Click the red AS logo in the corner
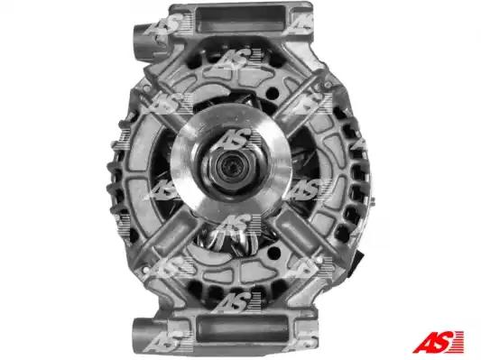coord(438,341)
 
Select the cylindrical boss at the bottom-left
coord(144,334)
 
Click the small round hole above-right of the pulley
coord(273,92)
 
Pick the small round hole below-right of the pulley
coord(274,254)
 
